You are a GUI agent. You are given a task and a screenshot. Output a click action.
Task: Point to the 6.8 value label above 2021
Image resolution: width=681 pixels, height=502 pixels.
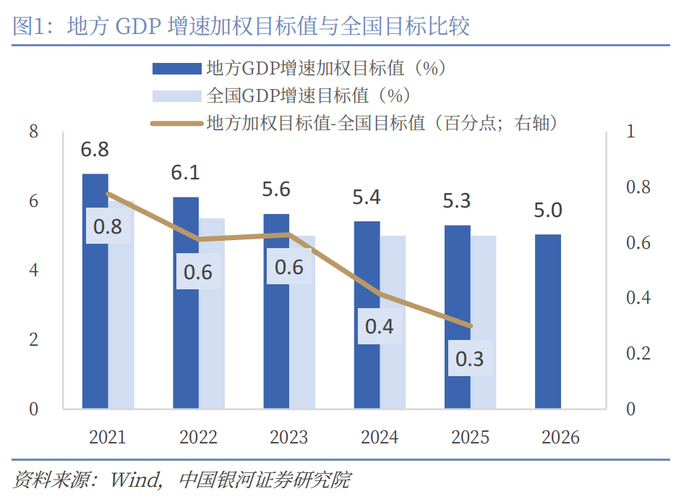95,150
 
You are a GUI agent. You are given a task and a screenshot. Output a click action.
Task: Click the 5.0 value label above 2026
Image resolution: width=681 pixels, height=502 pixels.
548,210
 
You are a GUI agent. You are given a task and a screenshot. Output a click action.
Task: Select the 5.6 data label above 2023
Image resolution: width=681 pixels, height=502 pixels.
276,190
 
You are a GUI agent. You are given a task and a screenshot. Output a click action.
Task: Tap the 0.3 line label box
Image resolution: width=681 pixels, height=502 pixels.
470,358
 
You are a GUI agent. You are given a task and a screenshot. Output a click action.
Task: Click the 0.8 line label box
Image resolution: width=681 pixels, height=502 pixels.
108,226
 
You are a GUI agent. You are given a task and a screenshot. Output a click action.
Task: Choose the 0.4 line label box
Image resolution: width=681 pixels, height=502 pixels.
379,326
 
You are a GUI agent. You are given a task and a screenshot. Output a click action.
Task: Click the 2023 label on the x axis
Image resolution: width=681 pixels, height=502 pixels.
288,438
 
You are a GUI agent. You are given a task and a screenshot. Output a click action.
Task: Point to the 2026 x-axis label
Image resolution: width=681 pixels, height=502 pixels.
560,438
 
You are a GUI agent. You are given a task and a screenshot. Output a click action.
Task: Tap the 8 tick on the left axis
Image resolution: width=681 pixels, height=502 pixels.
33,132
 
